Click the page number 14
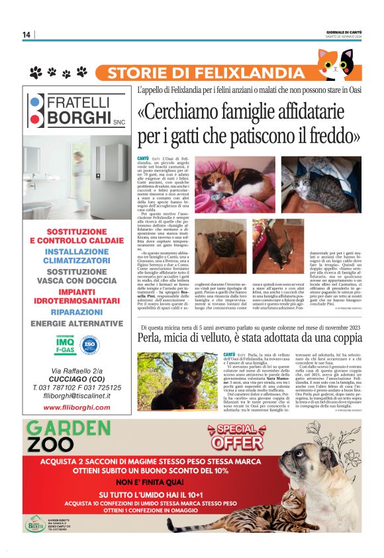click(26, 34)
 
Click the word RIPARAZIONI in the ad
click(77, 311)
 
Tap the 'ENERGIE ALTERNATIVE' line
click(77, 324)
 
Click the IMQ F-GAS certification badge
click(65, 345)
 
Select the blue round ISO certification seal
click(89, 345)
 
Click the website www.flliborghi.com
click(77, 407)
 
